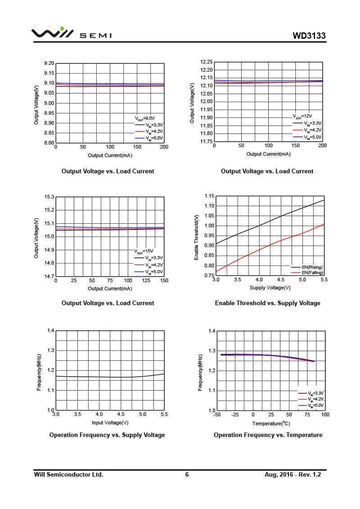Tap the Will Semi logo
point(71,34)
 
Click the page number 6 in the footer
point(187,474)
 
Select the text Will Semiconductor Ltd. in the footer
point(69,474)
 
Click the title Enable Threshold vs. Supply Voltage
point(267,303)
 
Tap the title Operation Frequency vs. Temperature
point(268,435)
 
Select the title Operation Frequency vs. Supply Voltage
point(107,435)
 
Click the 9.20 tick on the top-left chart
point(49,63)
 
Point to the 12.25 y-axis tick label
point(206,62)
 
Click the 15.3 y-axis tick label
point(49,197)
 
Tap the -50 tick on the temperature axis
point(216,414)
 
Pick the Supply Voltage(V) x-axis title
point(270,288)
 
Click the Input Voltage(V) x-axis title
point(110,423)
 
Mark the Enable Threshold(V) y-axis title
point(196,237)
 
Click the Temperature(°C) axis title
point(271,423)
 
